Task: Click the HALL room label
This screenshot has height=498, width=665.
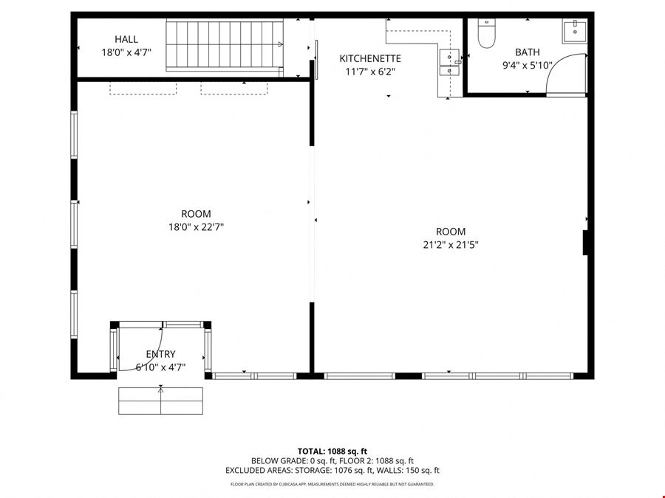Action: pos(126,39)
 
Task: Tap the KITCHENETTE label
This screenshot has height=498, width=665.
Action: pos(370,58)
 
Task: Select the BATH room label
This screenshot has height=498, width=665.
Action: pos(527,52)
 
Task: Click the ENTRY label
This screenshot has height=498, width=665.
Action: pos(160,354)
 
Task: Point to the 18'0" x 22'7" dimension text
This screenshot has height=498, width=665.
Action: pos(196,227)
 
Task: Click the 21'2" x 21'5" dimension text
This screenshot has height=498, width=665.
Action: pos(451,245)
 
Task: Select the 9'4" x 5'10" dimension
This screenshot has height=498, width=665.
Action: pos(527,65)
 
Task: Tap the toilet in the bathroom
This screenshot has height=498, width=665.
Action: pos(486,33)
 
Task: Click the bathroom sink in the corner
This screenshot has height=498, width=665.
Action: pos(575,31)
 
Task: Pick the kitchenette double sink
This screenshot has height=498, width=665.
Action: pos(449,63)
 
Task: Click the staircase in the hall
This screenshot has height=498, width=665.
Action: pos(225,45)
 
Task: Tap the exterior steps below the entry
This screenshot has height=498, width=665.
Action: pos(161,401)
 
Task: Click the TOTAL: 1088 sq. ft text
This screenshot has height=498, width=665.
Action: pos(332,452)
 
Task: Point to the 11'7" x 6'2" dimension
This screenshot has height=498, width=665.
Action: pos(370,72)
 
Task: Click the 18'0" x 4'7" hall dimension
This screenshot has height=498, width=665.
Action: pos(126,52)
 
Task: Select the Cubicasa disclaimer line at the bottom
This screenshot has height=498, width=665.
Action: pos(332,484)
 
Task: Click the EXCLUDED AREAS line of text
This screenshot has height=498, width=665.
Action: pos(332,470)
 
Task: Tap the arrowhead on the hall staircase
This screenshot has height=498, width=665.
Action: pos(280,44)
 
